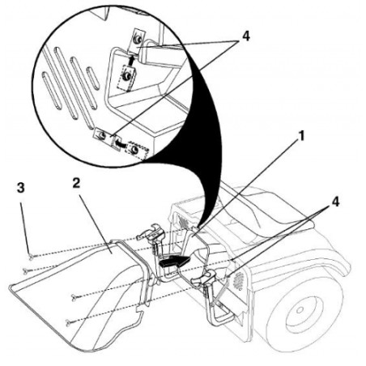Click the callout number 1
(x=301, y=135)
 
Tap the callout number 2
(x=76, y=183)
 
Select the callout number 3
(x=20, y=188)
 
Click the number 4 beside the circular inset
(x=245, y=36)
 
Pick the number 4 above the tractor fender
(x=335, y=202)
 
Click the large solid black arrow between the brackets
(x=175, y=261)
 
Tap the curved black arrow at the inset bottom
(x=119, y=143)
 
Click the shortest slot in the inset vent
(x=92, y=79)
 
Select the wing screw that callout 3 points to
(x=31, y=257)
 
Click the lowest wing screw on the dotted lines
(x=68, y=322)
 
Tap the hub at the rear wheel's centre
(x=300, y=310)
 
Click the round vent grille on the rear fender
(x=238, y=281)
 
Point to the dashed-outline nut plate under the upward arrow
(x=126, y=78)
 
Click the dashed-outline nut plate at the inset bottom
(x=136, y=150)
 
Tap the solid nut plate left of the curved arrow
(x=101, y=135)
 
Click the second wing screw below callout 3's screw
(x=74, y=297)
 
